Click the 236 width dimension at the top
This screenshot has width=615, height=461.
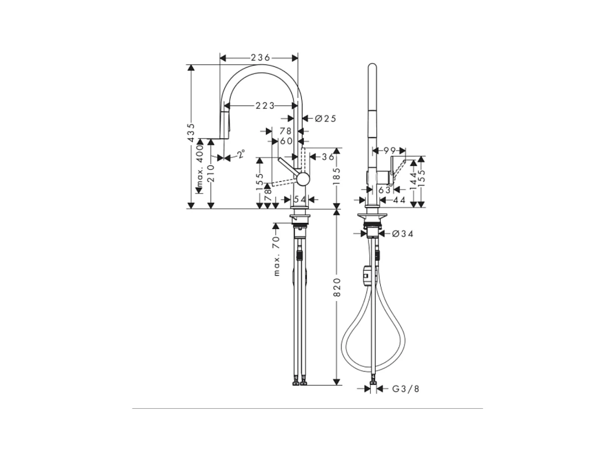pyautogui.click(x=260, y=58)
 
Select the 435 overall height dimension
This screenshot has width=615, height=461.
pyautogui.click(x=191, y=133)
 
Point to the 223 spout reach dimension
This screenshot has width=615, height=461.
pyautogui.click(x=265, y=105)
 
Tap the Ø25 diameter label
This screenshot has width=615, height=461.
pyautogui.click(x=325, y=118)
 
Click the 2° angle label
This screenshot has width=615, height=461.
pyautogui.click(x=241, y=154)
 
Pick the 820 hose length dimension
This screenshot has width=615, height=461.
pyautogui.click(x=337, y=287)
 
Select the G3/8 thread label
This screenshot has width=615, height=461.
pyautogui.click(x=406, y=389)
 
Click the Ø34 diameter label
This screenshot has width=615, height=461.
pyautogui.click(x=403, y=234)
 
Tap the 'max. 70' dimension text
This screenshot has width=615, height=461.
pyautogui.click(x=276, y=256)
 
